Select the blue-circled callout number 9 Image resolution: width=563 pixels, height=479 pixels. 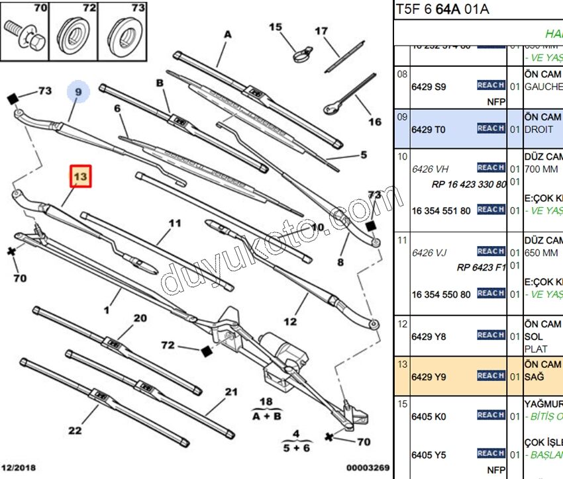(77, 93)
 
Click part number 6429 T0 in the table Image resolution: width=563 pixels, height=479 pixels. (429, 129)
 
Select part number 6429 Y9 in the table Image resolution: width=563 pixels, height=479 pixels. (429, 376)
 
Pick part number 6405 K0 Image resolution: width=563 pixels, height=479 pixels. (429, 416)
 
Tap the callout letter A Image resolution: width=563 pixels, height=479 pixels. (228, 34)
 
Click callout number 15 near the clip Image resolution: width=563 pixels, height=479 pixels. (276, 27)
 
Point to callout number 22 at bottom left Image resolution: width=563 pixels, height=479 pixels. (75, 431)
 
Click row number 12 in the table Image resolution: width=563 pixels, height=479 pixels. (402, 324)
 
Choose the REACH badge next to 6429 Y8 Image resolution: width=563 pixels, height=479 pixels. (491, 335)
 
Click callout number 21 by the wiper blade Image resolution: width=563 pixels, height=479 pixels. (230, 392)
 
